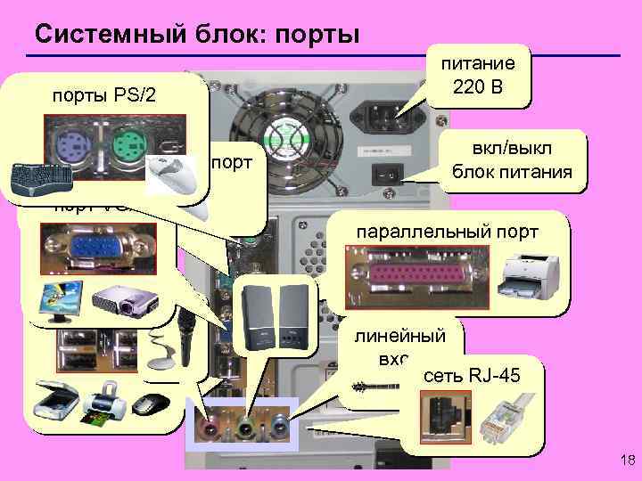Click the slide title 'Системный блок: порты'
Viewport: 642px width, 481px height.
pyautogui.click(x=196, y=34)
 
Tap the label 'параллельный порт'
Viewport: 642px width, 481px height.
pyautogui.click(x=447, y=232)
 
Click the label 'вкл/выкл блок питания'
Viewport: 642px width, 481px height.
pyautogui.click(x=511, y=161)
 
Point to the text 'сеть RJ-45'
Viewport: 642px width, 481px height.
pyautogui.click(x=460, y=376)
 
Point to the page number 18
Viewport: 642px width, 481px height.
pyautogui.click(x=623, y=460)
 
